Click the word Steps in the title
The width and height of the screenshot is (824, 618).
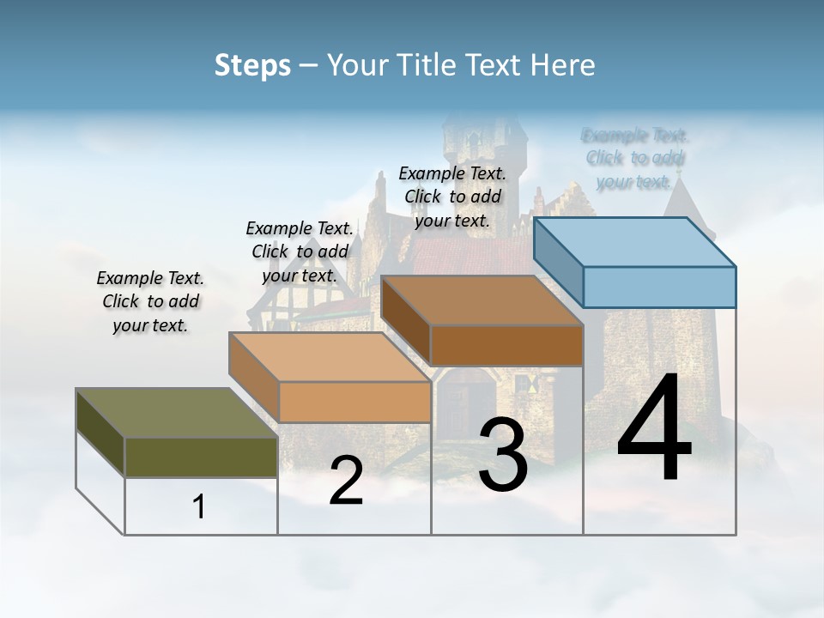pos(252,65)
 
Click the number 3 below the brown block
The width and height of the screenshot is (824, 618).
pos(503,455)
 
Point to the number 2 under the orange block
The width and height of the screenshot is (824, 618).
pos(346,481)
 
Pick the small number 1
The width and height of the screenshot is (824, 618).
pos(199,507)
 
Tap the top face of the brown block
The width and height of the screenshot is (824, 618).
pos(482,300)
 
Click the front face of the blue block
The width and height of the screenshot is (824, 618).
pos(659,287)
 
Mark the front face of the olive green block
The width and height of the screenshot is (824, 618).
pos(201,457)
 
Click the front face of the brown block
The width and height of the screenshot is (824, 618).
pos(506,345)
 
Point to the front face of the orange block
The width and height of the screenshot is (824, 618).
pos(354,402)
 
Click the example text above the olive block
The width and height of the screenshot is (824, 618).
pos(150,301)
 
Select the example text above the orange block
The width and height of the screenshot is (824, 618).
pos(300,251)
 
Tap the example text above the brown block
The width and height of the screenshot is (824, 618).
pos(452,197)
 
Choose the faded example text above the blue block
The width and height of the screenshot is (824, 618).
pos(634,158)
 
